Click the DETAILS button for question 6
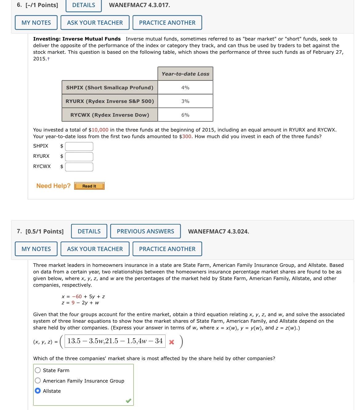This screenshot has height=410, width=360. coord(83,5)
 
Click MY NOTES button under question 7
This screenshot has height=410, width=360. coord(36,249)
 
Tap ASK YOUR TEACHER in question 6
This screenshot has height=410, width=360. coord(95,23)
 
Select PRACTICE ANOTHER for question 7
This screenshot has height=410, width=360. coord(167,249)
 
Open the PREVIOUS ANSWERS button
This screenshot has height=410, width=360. coord(145,231)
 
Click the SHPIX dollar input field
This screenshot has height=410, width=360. coord(79,146)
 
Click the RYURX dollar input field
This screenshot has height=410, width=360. coord(79,156)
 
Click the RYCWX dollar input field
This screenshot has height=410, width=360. coord(79,167)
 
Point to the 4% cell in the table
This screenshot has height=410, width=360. coord(185,88)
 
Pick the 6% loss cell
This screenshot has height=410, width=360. coord(185,115)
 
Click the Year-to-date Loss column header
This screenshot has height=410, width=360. coord(185,74)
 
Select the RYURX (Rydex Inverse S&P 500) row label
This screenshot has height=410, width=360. coord(110,101)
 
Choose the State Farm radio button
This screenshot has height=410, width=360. coord(38,370)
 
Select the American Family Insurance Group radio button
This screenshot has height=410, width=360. coord(38,381)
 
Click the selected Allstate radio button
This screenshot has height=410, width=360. coord(38,391)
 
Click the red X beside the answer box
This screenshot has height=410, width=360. coord(172,342)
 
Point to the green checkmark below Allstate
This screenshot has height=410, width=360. coord(128,401)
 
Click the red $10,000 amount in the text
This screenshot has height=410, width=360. coord(100,130)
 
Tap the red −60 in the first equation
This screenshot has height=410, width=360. coord(77,297)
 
